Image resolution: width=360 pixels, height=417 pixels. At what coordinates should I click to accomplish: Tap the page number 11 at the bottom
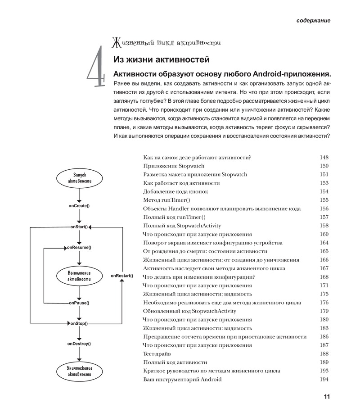pyautogui.click(x=326, y=397)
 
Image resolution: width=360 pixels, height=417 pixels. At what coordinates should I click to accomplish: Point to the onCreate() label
pyautogui.click(x=79, y=206)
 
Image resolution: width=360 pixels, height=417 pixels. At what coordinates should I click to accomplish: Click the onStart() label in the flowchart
pyautogui.click(x=79, y=227)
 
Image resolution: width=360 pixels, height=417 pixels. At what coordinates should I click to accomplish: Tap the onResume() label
pyautogui.click(x=79, y=248)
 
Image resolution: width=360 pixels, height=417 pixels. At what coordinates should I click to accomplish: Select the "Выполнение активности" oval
pyautogui.click(x=79, y=276)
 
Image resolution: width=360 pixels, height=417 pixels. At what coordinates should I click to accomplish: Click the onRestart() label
pyautogui.click(x=122, y=275)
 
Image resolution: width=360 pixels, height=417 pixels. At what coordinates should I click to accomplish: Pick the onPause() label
pyautogui.click(x=79, y=303)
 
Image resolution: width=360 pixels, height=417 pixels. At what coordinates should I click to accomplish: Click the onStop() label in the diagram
pyautogui.click(x=79, y=323)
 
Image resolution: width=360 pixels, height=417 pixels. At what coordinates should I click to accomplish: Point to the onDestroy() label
pyautogui.click(x=79, y=344)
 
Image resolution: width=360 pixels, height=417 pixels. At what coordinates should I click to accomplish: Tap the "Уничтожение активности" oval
pyautogui.click(x=79, y=372)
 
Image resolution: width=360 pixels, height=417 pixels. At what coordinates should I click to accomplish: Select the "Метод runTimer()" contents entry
pyautogui.click(x=166, y=200)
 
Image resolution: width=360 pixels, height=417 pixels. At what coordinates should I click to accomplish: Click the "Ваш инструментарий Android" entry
pyautogui.click(x=182, y=379)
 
